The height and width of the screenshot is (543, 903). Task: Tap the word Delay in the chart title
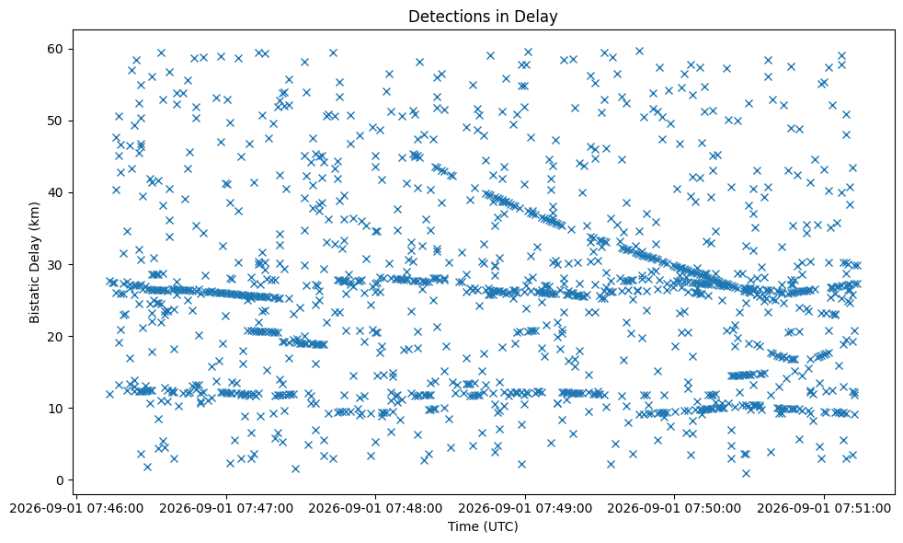(x=540, y=17)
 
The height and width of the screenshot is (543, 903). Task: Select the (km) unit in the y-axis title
(x=35, y=215)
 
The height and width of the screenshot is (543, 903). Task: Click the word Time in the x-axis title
(x=463, y=526)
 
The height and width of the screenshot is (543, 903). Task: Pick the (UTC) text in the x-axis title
(x=499, y=526)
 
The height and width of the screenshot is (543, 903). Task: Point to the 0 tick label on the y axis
(x=60, y=480)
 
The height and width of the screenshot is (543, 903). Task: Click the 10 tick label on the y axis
(x=56, y=408)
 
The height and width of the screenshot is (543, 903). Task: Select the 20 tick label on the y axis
(x=56, y=337)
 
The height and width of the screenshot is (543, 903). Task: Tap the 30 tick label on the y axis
(x=56, y=264)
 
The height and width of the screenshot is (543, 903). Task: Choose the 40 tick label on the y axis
(x=56, y=192)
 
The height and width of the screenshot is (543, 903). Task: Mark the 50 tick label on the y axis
(x=56, y=121)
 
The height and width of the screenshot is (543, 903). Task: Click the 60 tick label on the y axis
(x=56, y=49)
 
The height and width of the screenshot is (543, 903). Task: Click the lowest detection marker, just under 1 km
(x=746, y=473)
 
